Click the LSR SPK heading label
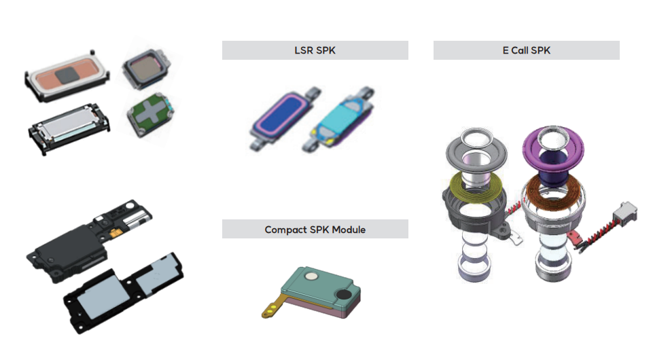[x=315, y=50]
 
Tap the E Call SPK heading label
[x=526, y=50]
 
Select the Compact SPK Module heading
[x=315, y=229]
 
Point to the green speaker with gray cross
[x=150, y=115]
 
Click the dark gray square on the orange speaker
[x=67, y=75]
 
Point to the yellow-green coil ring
[x=476, y=185]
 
